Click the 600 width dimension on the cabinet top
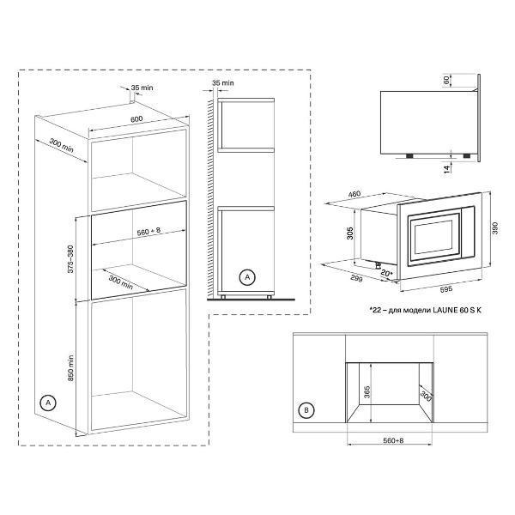tap(136, 119)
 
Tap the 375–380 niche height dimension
tap(70, 259)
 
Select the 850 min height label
tap(70, 368)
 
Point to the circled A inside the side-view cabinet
tap(247, 277)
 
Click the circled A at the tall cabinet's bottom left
tap(48, 403)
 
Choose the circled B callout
tap(306, 410)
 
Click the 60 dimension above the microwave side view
tap(446, 80)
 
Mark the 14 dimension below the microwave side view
tap(447, 169)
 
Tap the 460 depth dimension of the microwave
tap(354, 194)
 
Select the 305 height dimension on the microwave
tap(350, 233)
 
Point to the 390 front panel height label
tap(495, 228)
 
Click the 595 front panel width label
tap(446, 288)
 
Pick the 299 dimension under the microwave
tap(356, 278)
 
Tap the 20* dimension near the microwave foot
tap(387, 273)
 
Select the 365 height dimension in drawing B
tap(367, 392)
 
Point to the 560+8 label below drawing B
tap(393, 440)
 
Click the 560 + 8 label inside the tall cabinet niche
tap(148, 231)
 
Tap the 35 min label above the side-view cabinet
tap(223, 82)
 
